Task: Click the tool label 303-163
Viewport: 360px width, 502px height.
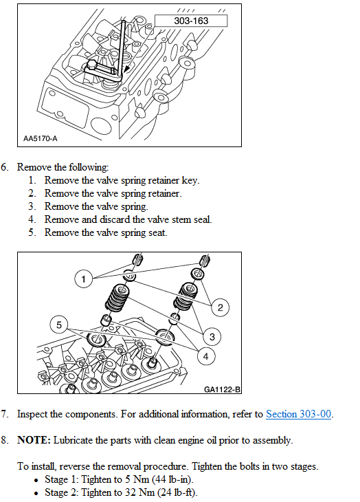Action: [x=191, y=21]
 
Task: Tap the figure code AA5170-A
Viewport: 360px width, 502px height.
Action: [x=41, y=138]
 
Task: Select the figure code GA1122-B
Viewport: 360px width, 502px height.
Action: [x=222, y=389]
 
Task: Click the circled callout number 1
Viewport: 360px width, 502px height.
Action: [x=83, y=279]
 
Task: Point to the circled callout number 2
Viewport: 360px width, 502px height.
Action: [x=221, y=307]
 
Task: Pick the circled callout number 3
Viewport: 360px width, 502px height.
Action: [x=212, y=337]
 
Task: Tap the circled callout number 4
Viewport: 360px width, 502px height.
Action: [x=205, y=356]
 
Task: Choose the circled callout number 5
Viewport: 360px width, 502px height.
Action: [x=59, y=325]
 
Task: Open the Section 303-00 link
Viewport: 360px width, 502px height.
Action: [x=298, y=414]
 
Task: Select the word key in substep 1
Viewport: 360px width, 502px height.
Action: [x=190, y=180]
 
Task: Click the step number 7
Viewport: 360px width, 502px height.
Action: [x=4, y=414]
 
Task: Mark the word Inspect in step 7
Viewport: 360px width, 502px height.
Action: [x=32, y=414]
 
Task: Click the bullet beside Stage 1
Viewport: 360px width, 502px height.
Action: [x=36, y=480]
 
